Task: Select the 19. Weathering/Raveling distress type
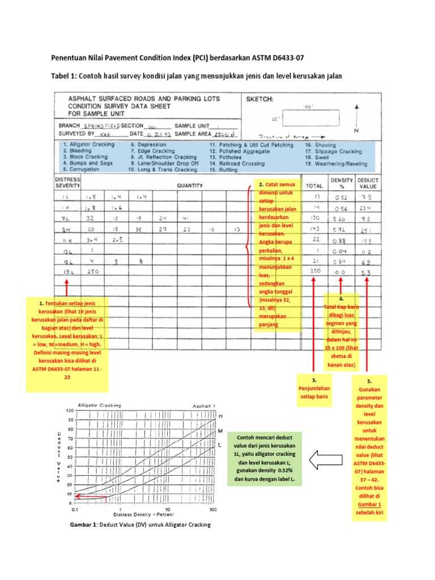point(336,164)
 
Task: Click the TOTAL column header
point(314,185)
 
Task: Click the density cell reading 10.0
point(339,272)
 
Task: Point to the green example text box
point(266,459)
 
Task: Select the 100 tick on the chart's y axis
point(70,410)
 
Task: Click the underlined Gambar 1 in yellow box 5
point(369,504)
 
